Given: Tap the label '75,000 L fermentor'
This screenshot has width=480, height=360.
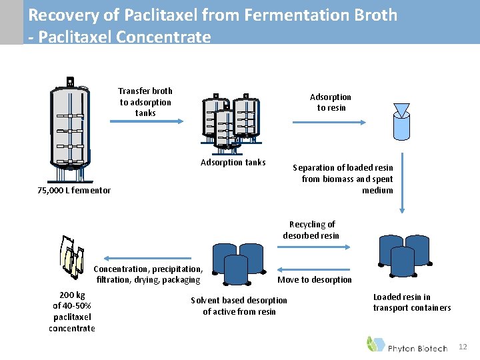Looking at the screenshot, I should click(x=73, y=191).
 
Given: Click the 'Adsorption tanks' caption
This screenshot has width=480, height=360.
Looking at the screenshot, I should click(x=233, y=162).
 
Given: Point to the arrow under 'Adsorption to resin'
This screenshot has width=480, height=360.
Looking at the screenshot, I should click(x=329, y=121).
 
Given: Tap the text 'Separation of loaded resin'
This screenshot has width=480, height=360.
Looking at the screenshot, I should click(x=343, y=168).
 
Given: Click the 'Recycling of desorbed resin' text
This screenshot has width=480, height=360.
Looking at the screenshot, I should click(x=311, y=230).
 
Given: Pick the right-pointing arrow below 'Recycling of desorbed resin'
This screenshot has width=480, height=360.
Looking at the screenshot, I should click(x=311, y=246).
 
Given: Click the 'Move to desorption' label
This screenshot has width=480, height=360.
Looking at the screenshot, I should click(x=314, y=279).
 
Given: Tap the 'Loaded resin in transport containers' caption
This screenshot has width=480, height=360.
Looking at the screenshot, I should click(x=412, y=302).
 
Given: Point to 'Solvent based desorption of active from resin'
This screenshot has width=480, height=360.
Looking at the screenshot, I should click(x=239, y=305).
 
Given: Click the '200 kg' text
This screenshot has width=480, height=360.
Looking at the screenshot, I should click(x=72, y=295).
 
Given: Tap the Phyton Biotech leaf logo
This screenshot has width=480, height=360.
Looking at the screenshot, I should click(x=375, y=344).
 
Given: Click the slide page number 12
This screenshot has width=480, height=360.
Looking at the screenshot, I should click(x=463, y=347).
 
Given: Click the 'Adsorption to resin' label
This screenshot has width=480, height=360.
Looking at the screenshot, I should click(x=331, y=102).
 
